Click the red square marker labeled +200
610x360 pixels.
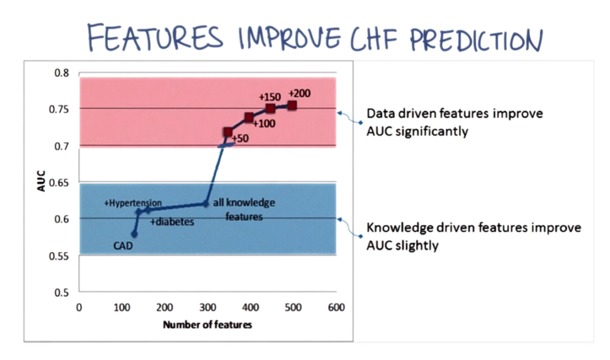[x=292, y=105]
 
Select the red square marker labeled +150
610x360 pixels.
[x=270, y=108]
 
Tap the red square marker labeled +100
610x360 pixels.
[x=249, y=117]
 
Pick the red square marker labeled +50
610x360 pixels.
[x=228, y=132]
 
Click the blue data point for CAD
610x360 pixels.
[x=134, y=234]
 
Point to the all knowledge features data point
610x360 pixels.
[x=206, y=204]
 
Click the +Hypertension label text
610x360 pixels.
[x=132, y=203]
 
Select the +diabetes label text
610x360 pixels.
[x=172, y=222]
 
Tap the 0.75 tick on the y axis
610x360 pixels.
[x=59, y=110]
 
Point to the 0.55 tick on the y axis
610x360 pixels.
[x=59, y=256]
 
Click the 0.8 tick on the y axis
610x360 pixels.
[x=62, y=73]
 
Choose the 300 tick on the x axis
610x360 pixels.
[x=208, y=308]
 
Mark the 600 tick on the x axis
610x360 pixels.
[x=336, y=308]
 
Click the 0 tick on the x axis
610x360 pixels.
[x=79, y=308]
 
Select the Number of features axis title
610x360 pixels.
[x=208, y=325]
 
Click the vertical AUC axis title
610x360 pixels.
[x=41, y=181]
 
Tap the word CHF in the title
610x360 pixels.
[x=374, y=39]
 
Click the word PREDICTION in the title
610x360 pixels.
[x=476, y=40]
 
